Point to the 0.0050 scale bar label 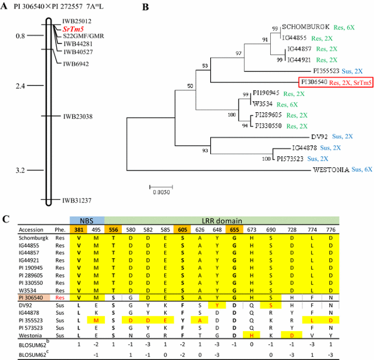[x=160, y=192]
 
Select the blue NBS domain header [x=86, y=221]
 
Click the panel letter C [x=5, y=219]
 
